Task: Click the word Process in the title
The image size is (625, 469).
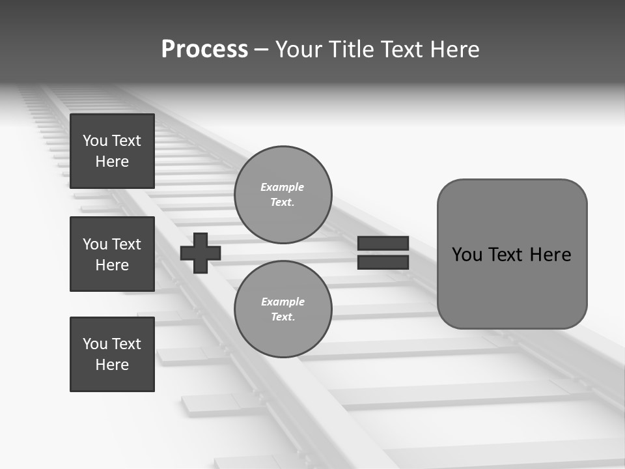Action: tap(204, 50)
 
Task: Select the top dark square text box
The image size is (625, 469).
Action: tap(112, 151)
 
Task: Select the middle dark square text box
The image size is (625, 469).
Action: tap(112, 254)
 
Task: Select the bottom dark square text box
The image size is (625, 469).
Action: tap(112, 354)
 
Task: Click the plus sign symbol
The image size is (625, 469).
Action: tap(201, 252)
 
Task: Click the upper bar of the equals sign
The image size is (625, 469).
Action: tap(383, 243)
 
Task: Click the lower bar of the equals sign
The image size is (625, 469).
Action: tap(383, 263)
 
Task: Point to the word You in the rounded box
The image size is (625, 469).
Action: tap(466, 255)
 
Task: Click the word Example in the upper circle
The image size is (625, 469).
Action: tap(282, 187)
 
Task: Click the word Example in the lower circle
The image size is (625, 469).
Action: tap(283, 302)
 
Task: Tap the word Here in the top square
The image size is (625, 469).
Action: tap(112, 162)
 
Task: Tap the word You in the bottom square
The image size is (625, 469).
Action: tap(95, 344)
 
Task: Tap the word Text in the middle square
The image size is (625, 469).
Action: tap(126, 244)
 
